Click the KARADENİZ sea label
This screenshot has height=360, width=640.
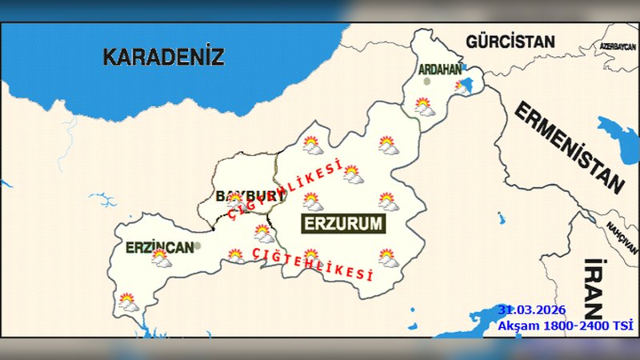(163, 57)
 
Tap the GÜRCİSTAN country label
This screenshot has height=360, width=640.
(510, 41)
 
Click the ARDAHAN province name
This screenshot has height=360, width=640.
(440, 70)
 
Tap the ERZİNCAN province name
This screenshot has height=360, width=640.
(159, 247)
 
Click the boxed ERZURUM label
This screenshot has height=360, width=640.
(343, 224)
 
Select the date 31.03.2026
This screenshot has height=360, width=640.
(531, 310)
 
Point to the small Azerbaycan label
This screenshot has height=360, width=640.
(617, 47)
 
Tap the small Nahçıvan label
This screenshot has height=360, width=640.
(620, 231)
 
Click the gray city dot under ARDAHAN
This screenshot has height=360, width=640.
(427, 81)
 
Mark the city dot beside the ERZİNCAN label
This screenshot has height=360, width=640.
(197, 246)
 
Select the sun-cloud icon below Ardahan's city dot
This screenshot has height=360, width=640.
(424, 106)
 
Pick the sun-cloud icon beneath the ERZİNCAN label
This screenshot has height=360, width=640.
(162, 258)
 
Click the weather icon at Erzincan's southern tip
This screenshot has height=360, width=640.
(128, 302)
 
